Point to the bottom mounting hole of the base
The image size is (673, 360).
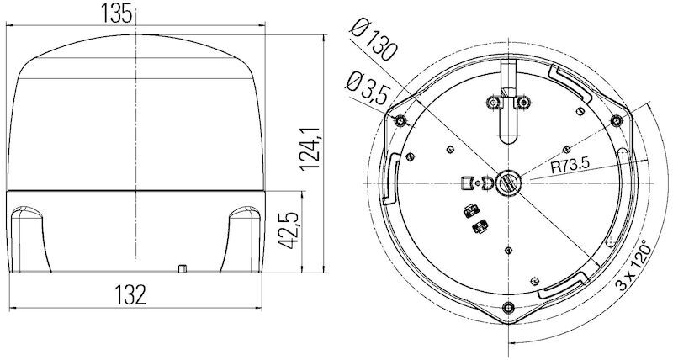click(x=507, y=305)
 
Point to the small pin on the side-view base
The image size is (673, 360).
click(x=182, y=269)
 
